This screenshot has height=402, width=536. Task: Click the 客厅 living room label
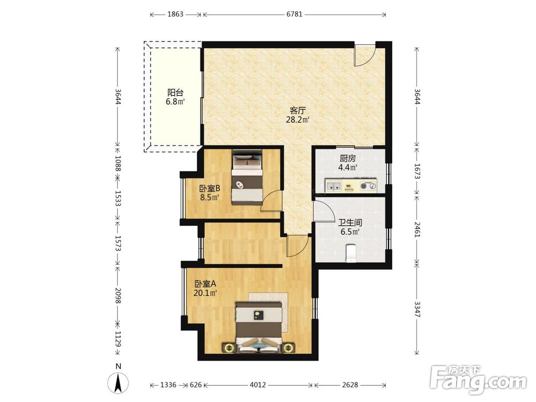coord(297,111)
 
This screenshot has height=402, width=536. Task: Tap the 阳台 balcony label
coord(175,93)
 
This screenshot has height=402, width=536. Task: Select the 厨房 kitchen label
coord(348,159)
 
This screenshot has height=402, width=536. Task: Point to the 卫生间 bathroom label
coord(350,223)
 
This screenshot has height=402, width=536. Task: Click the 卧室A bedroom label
coord(205,284)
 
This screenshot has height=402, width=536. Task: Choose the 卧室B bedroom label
coord(210,188)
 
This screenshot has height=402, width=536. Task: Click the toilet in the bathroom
coord(352,253)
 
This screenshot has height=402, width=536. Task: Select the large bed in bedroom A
coord(259,326)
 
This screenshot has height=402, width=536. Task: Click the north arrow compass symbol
coord(118,383)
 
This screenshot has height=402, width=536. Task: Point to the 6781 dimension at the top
coord(294,14)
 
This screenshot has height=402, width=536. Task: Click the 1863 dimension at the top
coord(175,14)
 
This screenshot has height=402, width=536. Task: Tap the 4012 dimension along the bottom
coord(257,385)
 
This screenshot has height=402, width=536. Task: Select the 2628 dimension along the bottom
coord(350,385)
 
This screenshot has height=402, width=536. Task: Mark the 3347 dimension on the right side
coord(417,309)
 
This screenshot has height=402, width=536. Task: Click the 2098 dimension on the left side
coord(118,295)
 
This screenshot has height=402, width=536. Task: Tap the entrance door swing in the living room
coord(364,55)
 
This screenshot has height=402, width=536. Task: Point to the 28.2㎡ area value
coord(297,120)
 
